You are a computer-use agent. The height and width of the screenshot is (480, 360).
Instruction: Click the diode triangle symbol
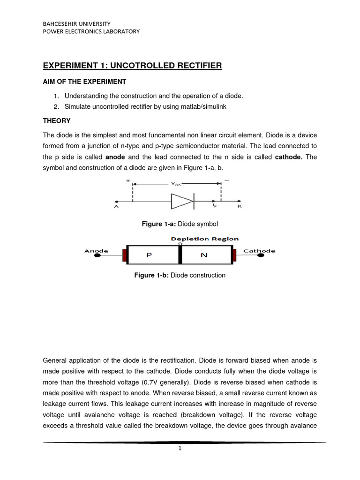(x=181, y=202)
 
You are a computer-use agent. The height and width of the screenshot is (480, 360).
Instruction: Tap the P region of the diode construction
(x=149, y=255)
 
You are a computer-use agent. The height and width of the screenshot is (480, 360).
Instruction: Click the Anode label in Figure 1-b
(x=96, y=251)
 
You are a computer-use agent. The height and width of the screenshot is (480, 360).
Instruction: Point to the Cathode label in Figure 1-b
(x=259, y=251)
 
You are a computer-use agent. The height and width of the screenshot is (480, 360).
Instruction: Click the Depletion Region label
(x=204, y=239)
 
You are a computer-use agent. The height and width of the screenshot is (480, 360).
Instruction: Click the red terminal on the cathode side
(x=233, y=255)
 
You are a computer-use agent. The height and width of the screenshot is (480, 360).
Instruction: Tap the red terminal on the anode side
(x=125, y=255)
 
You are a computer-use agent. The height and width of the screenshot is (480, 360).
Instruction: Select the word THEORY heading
(x=57, y=120)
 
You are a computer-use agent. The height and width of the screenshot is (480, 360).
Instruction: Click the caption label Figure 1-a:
(x=157, y=224)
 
